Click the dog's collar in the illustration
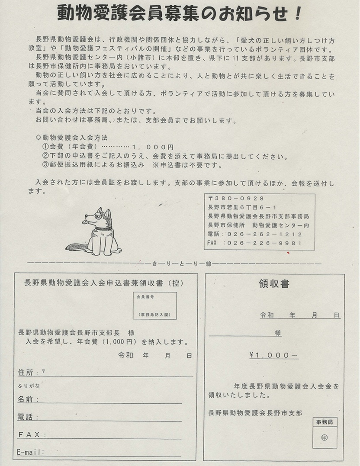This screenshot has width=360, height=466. click(103, 228)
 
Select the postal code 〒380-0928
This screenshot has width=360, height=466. click(233, 198)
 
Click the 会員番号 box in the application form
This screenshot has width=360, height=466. click(154, 305)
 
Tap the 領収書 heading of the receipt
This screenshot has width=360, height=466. click(274, 284)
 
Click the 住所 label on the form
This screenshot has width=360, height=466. click(25, 372)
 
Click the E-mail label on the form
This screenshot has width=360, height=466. click(30, 452)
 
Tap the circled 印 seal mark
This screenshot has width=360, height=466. click(325, 437)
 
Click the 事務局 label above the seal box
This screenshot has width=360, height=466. click(325, 421)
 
